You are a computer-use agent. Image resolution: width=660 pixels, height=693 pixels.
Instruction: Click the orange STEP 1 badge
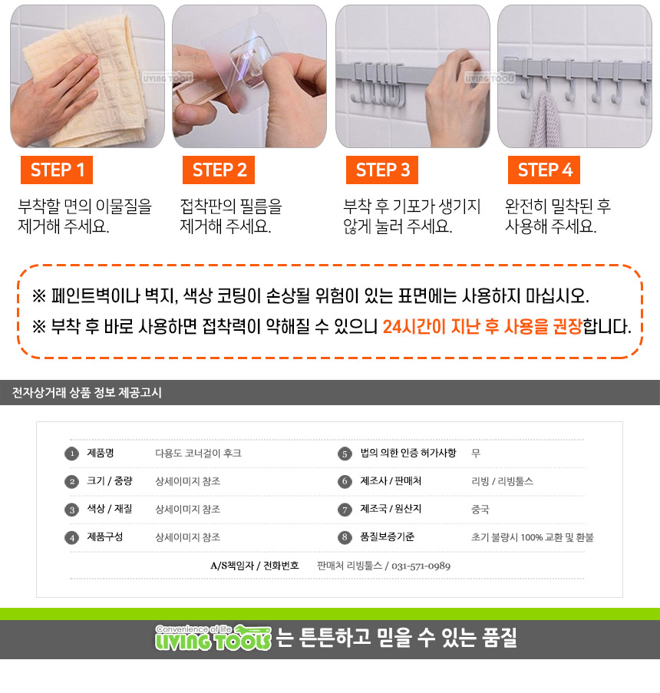[57, 170]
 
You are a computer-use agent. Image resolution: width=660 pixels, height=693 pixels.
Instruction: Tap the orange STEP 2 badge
[219, 170]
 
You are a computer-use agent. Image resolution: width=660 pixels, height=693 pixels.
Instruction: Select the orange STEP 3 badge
[382, 170]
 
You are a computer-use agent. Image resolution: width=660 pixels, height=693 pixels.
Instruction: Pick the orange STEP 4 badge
[544, 170]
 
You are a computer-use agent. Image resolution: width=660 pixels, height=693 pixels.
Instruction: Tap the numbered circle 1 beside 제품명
[71, 454]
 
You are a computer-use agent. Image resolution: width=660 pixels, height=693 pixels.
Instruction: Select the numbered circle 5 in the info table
[345, 454]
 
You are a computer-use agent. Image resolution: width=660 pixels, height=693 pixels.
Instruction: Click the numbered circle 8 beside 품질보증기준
[345, 537]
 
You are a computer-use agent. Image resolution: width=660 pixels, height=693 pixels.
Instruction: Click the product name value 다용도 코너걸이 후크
[199, 454]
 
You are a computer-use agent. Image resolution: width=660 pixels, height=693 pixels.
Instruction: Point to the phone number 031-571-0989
[421, 566]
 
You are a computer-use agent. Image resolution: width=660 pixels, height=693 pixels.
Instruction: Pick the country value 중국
[480, 509]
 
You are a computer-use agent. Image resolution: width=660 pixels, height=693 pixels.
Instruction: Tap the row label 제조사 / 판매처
[391, 481]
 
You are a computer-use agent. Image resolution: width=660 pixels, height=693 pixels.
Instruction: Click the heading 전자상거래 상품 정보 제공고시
[87, 392]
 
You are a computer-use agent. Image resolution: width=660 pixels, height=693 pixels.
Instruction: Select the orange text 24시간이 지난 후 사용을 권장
[482, 327]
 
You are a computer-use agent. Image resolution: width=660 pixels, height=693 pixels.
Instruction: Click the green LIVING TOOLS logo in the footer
[213, 638]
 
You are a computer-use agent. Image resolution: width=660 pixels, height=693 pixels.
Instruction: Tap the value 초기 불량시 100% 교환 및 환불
[533, 537]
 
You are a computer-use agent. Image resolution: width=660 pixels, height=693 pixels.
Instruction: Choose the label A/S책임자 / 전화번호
[255, 566]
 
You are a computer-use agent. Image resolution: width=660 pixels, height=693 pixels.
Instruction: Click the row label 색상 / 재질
[110, 509]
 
